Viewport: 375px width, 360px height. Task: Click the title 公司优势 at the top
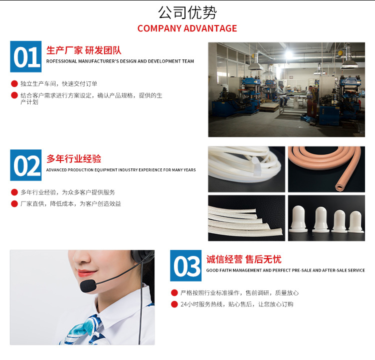(187, 12)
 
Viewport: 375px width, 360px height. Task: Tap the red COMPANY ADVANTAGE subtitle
(187, 28)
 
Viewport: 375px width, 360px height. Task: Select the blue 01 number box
(26, 56)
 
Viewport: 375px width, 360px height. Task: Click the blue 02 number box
(26, 165)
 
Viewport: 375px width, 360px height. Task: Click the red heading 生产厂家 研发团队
(84, 50)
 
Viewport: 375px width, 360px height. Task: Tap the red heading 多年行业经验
(74, 159)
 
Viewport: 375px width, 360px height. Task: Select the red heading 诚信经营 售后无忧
(244, 259)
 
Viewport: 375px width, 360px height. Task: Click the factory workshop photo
(286, 89)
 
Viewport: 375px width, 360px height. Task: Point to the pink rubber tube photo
(326, 169)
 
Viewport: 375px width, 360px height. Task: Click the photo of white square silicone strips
(246, 169)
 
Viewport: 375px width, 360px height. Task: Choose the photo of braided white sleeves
(246, 218)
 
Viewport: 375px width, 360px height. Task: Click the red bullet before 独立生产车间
(14, 83)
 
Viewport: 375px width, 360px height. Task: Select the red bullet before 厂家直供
(14, 203)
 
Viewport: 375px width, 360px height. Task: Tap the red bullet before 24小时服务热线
(174, 304)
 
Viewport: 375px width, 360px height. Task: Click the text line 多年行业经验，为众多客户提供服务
(67, 192)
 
